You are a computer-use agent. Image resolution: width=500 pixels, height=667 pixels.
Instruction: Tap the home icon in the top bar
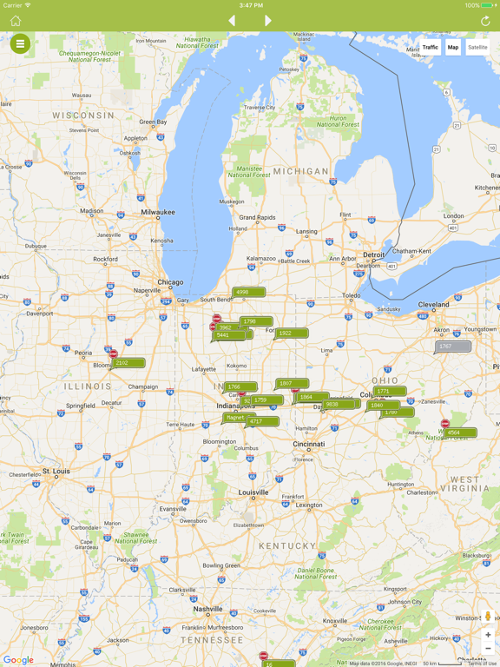pyautogui.click(x=15, y=21)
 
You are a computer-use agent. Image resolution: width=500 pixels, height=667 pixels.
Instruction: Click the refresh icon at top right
pyautogui.click(x=485, y=21)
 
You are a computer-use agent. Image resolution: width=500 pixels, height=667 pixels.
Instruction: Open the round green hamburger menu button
pyautogui.click(x=20, y=43)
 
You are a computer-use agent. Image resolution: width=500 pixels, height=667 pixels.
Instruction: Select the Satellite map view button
pyautogui.click(x=477, y=48)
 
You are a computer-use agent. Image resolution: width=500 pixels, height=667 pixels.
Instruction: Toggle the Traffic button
pyautogui.click(x=430, y=48)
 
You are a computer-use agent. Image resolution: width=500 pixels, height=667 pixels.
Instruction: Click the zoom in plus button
pyautogui.click(x=488, y=635)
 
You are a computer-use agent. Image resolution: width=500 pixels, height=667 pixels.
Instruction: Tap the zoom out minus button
pyautogui.click(x=488, y=649)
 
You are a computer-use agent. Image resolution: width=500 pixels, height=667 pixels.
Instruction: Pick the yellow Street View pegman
pyautogui.click(x=488, y=617)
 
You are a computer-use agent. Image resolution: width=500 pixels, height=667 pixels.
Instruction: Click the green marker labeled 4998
pyautogui.click(x=247, y=293)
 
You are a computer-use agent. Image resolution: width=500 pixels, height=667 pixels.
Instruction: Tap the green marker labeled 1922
pyautogui.click(x=290, y=333)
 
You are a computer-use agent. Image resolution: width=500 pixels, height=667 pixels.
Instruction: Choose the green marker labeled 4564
pyautogui.click(x=459, y=433)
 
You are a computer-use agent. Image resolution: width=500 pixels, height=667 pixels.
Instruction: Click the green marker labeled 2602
pyautogui.click(x=127, y=363)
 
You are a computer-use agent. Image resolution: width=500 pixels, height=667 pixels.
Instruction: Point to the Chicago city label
pyautogui.click(x=170, y=282)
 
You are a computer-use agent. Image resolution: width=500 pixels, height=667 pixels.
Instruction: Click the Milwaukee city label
pyautogui.click(x=158, y=212)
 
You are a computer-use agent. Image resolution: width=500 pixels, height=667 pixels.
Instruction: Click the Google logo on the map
pyautogui.click(x=17, y=660)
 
